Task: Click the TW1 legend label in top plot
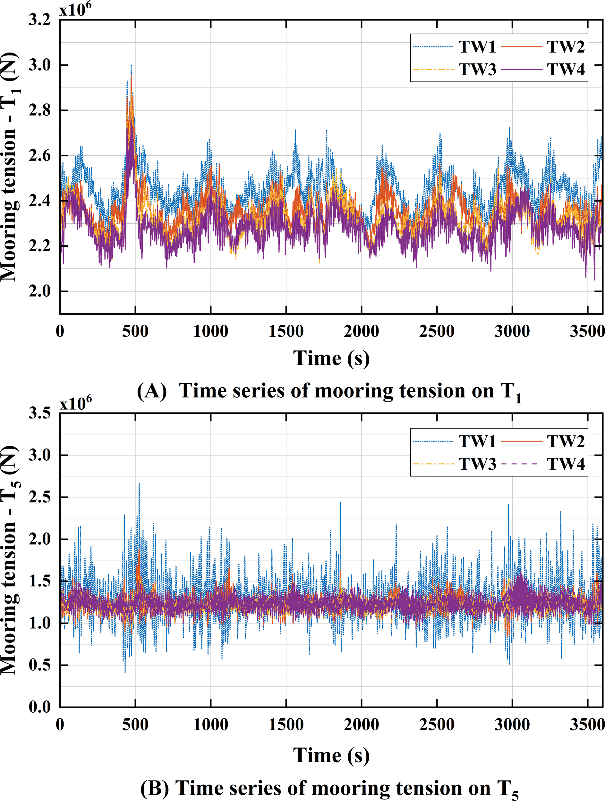(477, 47)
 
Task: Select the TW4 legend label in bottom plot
(566, 464)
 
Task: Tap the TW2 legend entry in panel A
(566, 47)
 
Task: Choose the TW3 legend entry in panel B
(477, 464)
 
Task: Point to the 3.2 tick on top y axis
(39, 20)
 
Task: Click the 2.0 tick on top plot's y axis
(39, 291)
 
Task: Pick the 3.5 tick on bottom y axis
(39, 413)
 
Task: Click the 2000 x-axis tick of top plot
(362, 331)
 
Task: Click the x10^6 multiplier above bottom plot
(75, 403)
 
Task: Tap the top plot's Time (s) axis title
(331, 358)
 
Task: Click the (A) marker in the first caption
(151, 391)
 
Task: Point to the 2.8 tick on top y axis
(39, 110)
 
